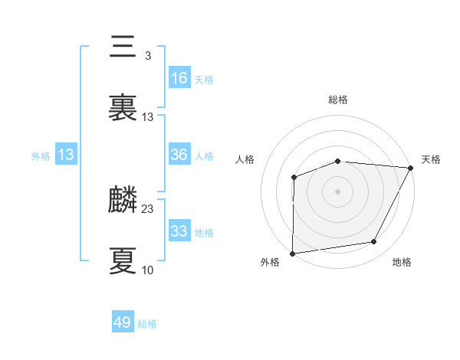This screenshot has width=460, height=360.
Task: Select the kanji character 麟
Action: click(x=123, y=201)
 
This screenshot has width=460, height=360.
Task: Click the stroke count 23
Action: click(x=148, y=208)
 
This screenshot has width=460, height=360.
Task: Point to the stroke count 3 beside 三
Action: click(x=147, y=56)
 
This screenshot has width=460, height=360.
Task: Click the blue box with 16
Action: click(x=179, y=78)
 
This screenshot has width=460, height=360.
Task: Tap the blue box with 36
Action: click(x=179, y=155)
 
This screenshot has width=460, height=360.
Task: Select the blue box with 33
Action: click(x=179, y=231)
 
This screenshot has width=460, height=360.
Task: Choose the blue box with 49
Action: click(x=123, y=322)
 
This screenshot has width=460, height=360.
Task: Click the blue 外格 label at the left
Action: click(x=41, y=155)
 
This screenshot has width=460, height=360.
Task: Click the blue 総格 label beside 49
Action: click(x=147, y=324)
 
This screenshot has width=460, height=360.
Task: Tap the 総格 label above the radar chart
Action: click(x=338, y=100)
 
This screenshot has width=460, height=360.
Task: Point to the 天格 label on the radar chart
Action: click(x=431, y=159)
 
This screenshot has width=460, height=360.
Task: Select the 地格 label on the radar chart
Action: click(x=402, y=263)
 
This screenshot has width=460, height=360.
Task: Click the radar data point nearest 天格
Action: click(x=411, y=168)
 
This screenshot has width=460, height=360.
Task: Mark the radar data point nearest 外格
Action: click(x=293, y=253)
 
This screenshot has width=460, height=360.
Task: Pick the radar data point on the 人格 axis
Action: click(x=294, y=178)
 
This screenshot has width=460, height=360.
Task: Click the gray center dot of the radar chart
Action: click(x=338, y=191)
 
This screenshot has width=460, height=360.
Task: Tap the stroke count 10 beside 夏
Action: click(x=147, y=270)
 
